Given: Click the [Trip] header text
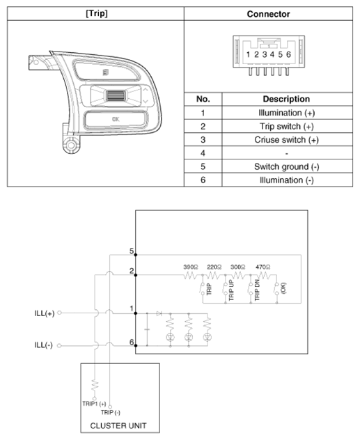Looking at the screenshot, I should (95, 13).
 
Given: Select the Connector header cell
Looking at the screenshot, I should (268, 13).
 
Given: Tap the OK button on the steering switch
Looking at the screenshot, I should (115, 120).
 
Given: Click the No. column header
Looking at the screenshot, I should (203, 99).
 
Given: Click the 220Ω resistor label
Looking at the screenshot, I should (214, 267).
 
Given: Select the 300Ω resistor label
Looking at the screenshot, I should (238, 267).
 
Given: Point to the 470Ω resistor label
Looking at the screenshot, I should (263, 267).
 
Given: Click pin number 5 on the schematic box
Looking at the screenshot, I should (131, 251).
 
